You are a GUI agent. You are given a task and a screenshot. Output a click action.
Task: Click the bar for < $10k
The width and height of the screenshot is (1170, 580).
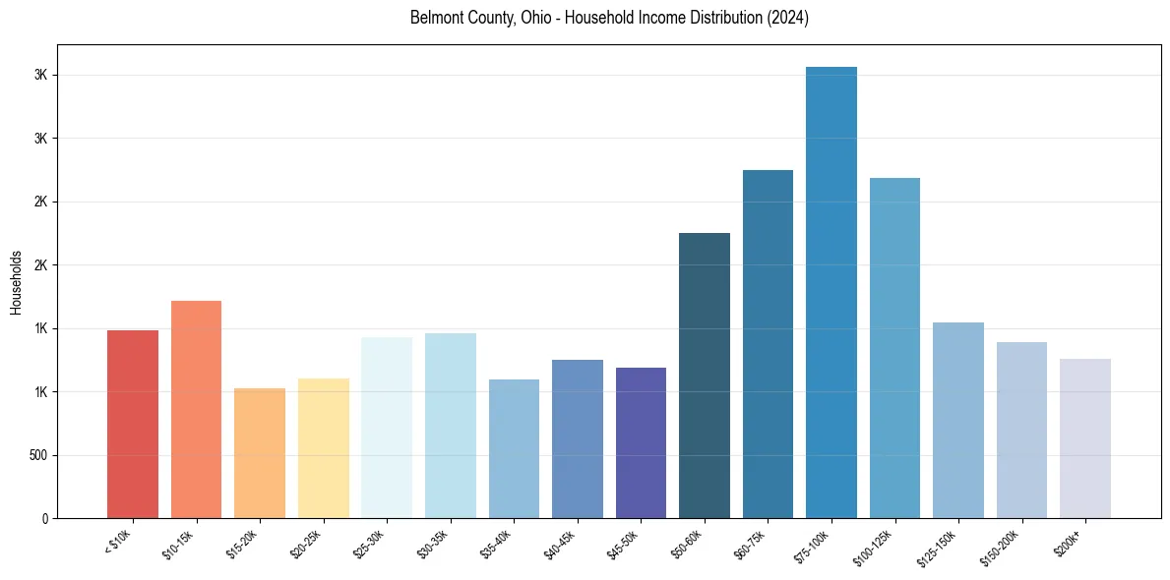[132, 424]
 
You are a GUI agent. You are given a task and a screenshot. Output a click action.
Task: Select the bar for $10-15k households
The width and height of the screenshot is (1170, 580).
[196, 409]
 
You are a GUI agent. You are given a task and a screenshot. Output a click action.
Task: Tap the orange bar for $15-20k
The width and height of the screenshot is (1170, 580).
[260, 453]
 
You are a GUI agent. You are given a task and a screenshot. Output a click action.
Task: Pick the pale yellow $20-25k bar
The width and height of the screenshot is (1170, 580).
[323, 448]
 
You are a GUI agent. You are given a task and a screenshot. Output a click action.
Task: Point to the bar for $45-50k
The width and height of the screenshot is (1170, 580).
[641, 442]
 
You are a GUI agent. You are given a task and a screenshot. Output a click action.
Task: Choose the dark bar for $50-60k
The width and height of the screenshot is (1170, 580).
[705, 376]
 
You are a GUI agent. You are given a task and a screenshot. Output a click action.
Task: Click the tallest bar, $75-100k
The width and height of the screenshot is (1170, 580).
[831, 292]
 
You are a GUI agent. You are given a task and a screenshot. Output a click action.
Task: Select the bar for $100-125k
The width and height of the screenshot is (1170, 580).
[894, 348]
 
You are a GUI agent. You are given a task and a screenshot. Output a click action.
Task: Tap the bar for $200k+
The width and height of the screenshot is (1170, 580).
[1085, 438]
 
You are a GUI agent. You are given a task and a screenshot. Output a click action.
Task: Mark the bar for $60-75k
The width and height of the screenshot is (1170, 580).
[768, 344]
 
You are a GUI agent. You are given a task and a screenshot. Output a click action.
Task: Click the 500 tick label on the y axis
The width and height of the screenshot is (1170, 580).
[38, 455]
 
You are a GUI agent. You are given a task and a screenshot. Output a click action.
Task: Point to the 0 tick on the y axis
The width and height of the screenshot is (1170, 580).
[44, 519]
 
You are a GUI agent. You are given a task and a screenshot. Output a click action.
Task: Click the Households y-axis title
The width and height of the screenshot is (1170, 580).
[16, 282]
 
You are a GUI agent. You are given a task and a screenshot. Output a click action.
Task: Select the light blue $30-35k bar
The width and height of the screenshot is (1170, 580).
[450, 426]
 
